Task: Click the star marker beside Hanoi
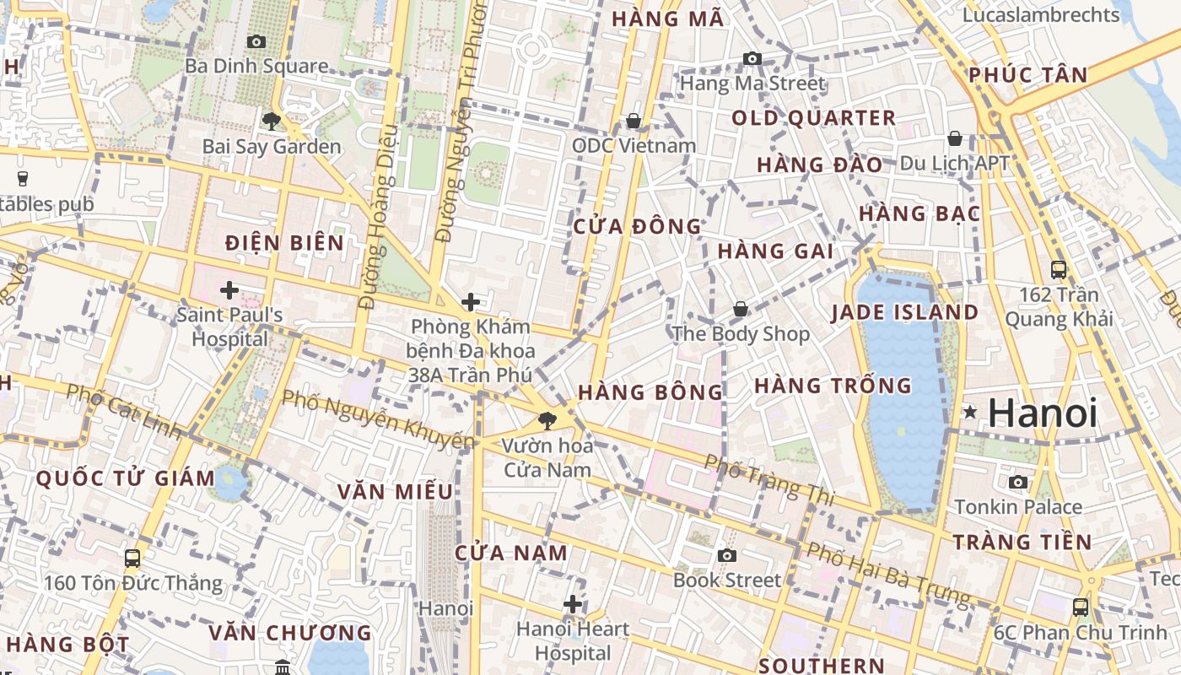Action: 971,413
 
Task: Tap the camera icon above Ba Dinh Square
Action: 256,41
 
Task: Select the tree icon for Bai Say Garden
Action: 271,121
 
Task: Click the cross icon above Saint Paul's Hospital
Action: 229,291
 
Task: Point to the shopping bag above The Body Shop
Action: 740,310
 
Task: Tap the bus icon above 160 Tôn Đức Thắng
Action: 132,558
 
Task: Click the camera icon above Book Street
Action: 726,555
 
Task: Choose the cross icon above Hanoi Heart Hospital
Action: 573,604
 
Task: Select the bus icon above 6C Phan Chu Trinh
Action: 1080,607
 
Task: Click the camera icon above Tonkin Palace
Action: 1018,482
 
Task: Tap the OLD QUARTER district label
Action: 813,118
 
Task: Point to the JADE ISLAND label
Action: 904,313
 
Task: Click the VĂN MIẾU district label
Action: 395,491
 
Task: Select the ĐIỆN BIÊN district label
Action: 285,244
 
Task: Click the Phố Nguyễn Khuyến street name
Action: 378,418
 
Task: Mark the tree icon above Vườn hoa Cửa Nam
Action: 547,420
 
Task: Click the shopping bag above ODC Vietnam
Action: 634,121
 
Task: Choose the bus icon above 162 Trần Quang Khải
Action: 1059,270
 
